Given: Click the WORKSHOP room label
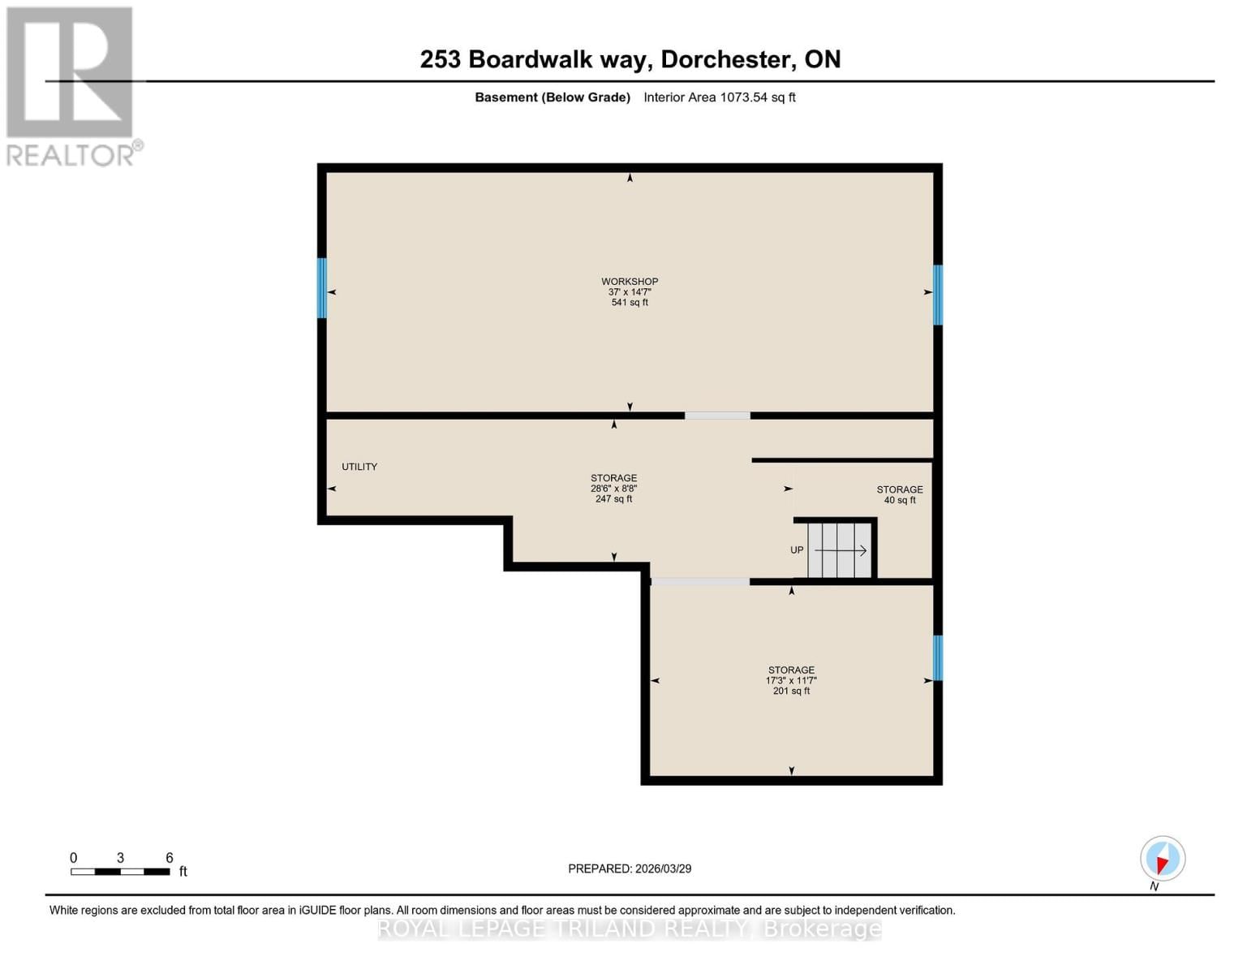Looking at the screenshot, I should pyautogui.click(x=629, y=282).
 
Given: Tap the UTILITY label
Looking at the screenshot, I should pyautogui.click(x=359, y=467).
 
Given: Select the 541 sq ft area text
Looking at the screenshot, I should pyautogui.click(x=629, y=303).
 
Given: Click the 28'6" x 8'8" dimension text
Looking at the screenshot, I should pyautogui.click(x=613, y=489).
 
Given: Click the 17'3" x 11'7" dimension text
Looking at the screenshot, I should pyautogui.click(x=791, y=681).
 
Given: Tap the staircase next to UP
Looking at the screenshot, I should pyautogui.click(x=840, y=550).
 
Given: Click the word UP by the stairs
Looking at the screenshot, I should pyautogui.click(x=797, y=550).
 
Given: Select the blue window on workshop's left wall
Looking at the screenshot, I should pyautogui.click(x=322, y=288).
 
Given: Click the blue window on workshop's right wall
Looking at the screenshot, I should pyautogui.click(x=938, y=295).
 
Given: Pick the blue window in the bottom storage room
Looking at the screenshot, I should pyautogui.click(x=938, y=658).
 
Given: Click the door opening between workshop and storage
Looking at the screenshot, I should pyautogui.click(x=717, y=416).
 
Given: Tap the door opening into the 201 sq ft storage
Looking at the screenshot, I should pyautogui.click(x=700, y=582).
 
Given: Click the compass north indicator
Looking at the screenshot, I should pyautogui.click(x=1162, y=860).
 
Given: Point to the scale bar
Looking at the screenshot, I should pyautogui.click(x=120, y=872).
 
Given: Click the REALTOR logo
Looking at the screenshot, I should pyautogui.click(x=71, y=86).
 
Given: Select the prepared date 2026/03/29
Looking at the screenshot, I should pyautogui.click(x=630, y=868).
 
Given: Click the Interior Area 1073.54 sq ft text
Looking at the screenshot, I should pyautogui.click(x=719, y=97).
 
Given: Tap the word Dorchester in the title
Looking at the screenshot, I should pyautogui.click(x=726, y=59).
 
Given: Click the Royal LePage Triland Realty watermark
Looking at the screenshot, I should pyautogui.click(x=630, y=929).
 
